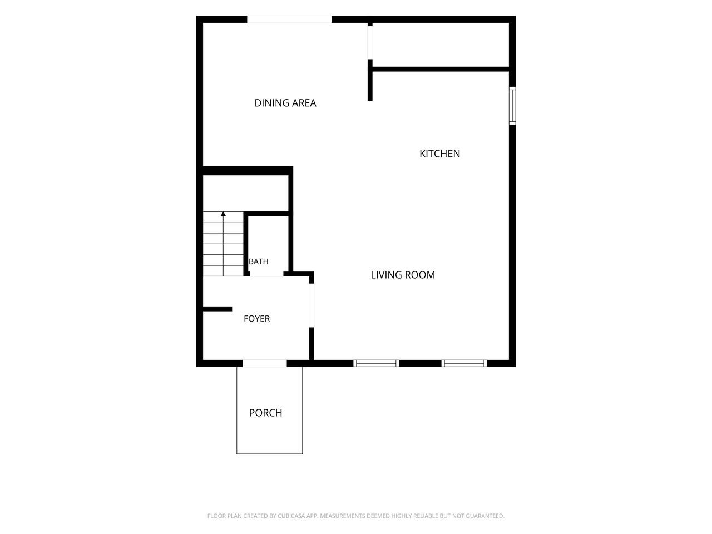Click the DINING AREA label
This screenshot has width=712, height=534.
click(x=285, y=103)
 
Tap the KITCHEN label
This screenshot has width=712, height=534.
click(x=439, y=154)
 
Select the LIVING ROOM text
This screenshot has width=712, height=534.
click(x=403, y=275)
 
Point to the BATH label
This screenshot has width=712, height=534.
click(x=259, y=261)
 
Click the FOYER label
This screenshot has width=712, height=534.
click(x=256, y=318)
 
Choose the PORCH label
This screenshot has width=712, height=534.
click(x=265, y=413)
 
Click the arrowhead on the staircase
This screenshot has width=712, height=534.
click(x=223, y=214)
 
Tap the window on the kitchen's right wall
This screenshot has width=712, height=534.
click(x=512, y=106)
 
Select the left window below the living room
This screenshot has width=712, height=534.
click(x=376, y=363)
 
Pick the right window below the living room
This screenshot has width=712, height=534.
click(x=464, y=363)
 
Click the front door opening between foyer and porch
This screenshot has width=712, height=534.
click(x=265, y=363)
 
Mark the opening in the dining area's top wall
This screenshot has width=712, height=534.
click(x=289, y=19)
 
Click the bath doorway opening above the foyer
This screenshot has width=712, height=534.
click(x=266, y=274)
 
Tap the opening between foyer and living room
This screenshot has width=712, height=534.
click(x=311, y=305)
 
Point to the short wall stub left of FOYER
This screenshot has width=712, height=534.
click(x=217, y=309)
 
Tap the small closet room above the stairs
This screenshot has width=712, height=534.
click(x=245, y=194)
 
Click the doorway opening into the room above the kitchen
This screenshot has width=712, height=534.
click(x=370, y=42)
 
